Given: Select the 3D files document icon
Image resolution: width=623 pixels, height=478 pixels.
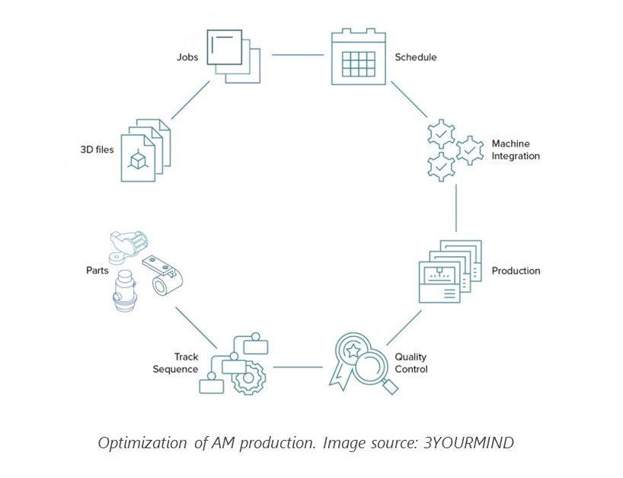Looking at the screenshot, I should [x=145, y=149].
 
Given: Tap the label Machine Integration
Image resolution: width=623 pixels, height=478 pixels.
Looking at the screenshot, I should [x=516, y=150].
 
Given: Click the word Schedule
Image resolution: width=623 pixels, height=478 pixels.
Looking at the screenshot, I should [x=416, y=57].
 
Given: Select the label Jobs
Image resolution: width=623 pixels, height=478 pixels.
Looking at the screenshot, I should [x=187, y=56].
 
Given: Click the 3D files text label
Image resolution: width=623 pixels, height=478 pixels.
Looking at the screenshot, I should [x=97, y=150].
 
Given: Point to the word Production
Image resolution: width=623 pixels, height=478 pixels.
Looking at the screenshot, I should [x=516, y=271].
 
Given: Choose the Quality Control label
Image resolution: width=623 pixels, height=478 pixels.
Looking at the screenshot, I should [x=411, y=363].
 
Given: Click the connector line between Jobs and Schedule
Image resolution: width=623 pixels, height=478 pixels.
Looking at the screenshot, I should [x=298, y=55].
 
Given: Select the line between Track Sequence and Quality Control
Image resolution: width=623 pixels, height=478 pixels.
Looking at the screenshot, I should [x=298, y=367].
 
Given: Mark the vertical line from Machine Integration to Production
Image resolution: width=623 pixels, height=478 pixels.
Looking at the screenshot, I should [x=456, y=207].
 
